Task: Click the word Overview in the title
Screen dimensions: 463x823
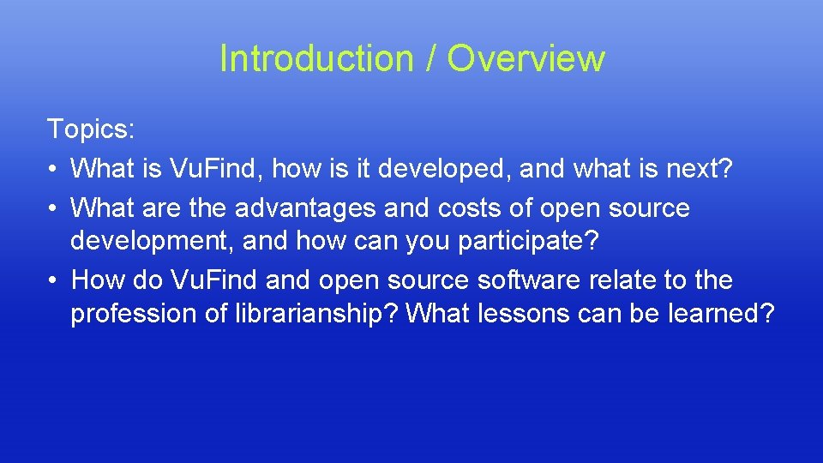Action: [526, 58]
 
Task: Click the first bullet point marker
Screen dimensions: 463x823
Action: [53, 169]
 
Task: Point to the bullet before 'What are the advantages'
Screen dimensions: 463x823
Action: [53, 208]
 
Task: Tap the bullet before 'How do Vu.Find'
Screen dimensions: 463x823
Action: [53, 280]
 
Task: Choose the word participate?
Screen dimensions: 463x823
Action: [527, 242]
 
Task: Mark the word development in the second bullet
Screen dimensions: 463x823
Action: [151, 242]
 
